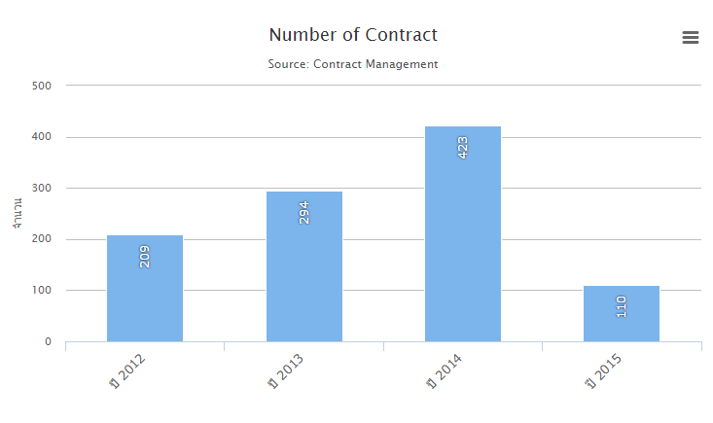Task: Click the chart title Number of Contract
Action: click(x=353, y=35)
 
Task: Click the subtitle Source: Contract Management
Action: click(x=353, y=64)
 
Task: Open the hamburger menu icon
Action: click(x=691, y=37)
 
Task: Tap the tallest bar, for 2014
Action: click(x=463, y=233)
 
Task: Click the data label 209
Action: click(x=145, y=256)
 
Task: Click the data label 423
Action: click(x=463, y=147)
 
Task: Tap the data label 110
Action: click(x=622, y=306)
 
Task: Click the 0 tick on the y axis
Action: click(x=48, y=342)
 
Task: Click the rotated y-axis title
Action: click(x=18, y=213)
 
